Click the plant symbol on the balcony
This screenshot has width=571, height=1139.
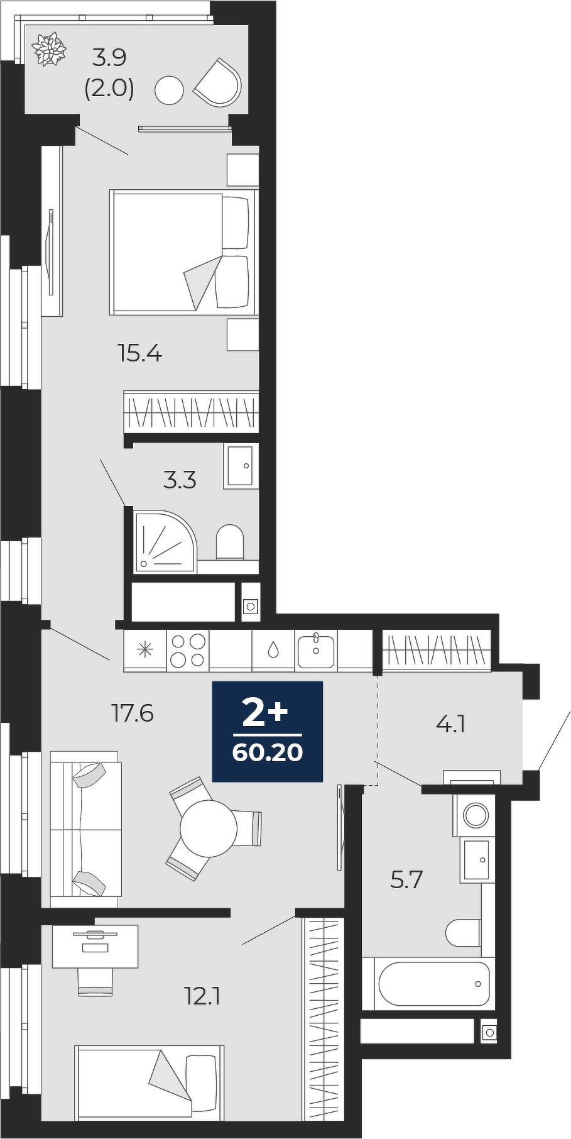[50, 49]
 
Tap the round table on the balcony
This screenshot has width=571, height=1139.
[168, 91]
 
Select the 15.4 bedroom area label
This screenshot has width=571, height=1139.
[140, 354]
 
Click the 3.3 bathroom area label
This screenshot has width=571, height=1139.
[180, 481]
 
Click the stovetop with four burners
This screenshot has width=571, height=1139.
[188, 650]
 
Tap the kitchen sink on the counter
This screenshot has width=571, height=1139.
[317, 650]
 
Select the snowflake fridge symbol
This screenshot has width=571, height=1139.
[145, 649]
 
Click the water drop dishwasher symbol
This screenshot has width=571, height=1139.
[273, 649]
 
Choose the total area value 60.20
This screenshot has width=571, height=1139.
[268, 752]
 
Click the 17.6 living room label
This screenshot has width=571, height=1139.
[133, 713]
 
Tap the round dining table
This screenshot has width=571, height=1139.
[209, 828]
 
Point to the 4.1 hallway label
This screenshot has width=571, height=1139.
[450, 725]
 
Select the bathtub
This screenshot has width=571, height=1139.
[433, 984]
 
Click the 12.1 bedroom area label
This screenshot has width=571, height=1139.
[202, 996]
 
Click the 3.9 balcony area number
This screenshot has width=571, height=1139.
[109, 58]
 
